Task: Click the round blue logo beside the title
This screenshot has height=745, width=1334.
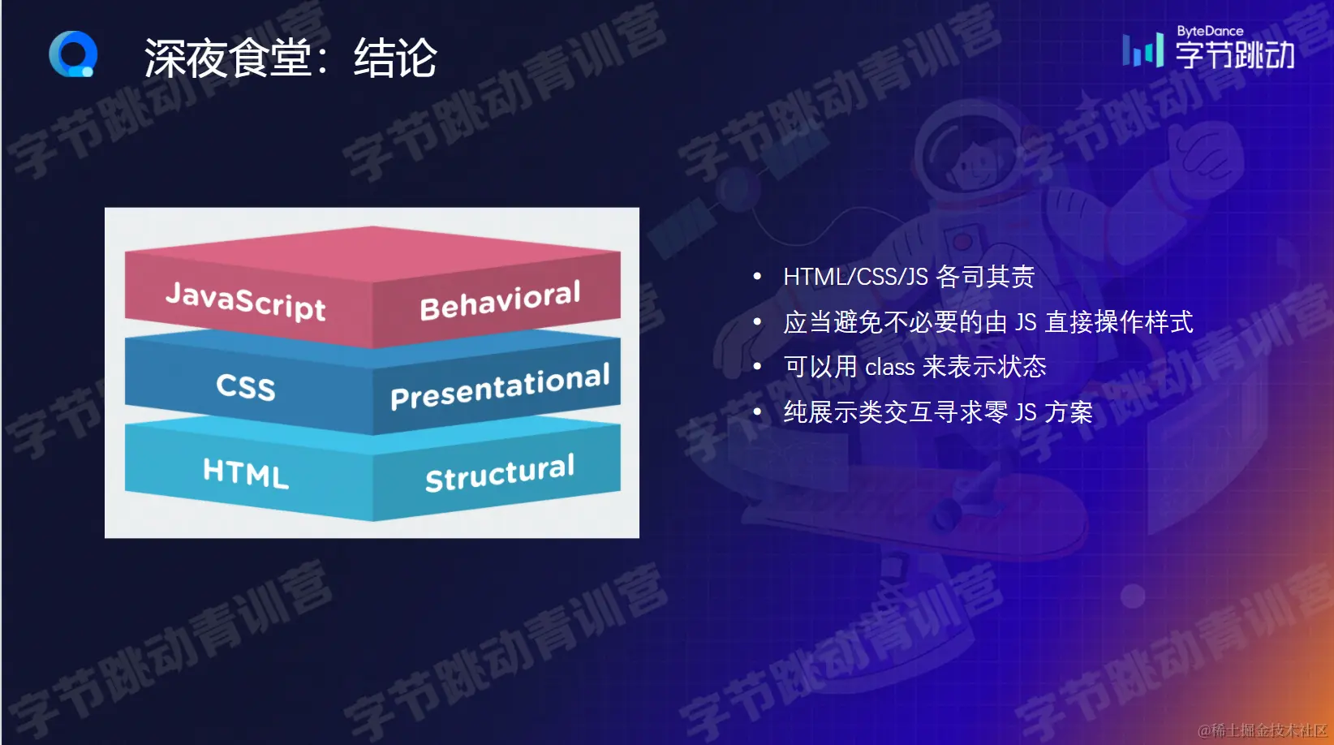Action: pos(73,54)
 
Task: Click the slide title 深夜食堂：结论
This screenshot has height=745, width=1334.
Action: pos(290,58)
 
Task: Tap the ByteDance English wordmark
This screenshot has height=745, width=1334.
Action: pos(1210,32)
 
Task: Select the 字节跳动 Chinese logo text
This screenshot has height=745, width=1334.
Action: pos(1234,55)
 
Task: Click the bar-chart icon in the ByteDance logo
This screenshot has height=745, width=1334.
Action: pos(1143,50)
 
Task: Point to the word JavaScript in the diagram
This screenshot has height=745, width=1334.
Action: pos(245,301)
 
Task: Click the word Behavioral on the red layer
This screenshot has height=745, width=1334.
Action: pos(500,300)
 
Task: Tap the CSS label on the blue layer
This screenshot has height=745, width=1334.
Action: pos(245,386)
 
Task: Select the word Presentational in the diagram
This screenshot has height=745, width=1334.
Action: pos(500,386)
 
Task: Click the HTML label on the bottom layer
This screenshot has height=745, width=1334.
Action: pos(245,473)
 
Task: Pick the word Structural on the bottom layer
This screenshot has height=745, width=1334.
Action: pos(500,473)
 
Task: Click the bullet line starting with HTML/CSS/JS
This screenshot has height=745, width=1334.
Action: pos(909,277)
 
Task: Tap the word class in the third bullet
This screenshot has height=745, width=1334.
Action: pos(889,367)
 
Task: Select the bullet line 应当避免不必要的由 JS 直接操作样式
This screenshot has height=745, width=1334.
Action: pos(988,322)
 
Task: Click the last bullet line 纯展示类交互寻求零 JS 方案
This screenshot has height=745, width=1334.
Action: pos(938,412)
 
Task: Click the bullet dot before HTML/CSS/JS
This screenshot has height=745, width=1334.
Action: pos(758,276)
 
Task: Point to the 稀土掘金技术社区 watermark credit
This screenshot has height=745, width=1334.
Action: pos(1263,730)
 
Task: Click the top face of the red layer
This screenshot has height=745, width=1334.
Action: pos(372,253)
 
